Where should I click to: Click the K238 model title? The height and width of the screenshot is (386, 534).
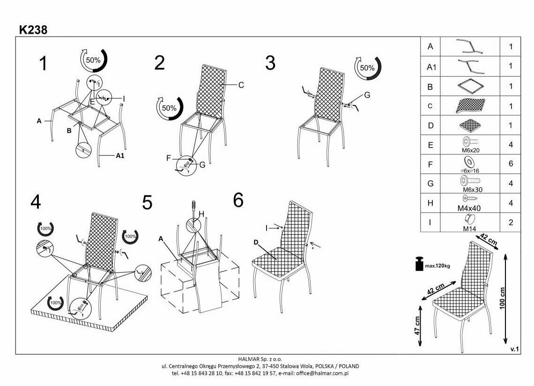click(x=33, y=30)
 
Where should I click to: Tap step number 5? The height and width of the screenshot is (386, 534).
click(x=147, y=203)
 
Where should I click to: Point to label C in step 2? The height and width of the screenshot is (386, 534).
click(x=241, y=85)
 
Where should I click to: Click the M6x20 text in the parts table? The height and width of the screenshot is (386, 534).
click(x=470, y=150)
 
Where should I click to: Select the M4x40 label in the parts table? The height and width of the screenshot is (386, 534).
click(x=470, y=208)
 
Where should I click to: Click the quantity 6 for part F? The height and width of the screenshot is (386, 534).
click(x=511, y=163)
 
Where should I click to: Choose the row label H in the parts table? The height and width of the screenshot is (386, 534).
click(x=430, y=203)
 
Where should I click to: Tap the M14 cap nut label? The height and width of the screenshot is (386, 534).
click(x=470, y=228)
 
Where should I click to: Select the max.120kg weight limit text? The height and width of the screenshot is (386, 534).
click(x=438, y=266)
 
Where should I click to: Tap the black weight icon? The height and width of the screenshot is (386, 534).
click(x=418, y=264)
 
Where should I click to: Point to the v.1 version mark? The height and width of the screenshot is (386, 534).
click(x=514, y=349)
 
